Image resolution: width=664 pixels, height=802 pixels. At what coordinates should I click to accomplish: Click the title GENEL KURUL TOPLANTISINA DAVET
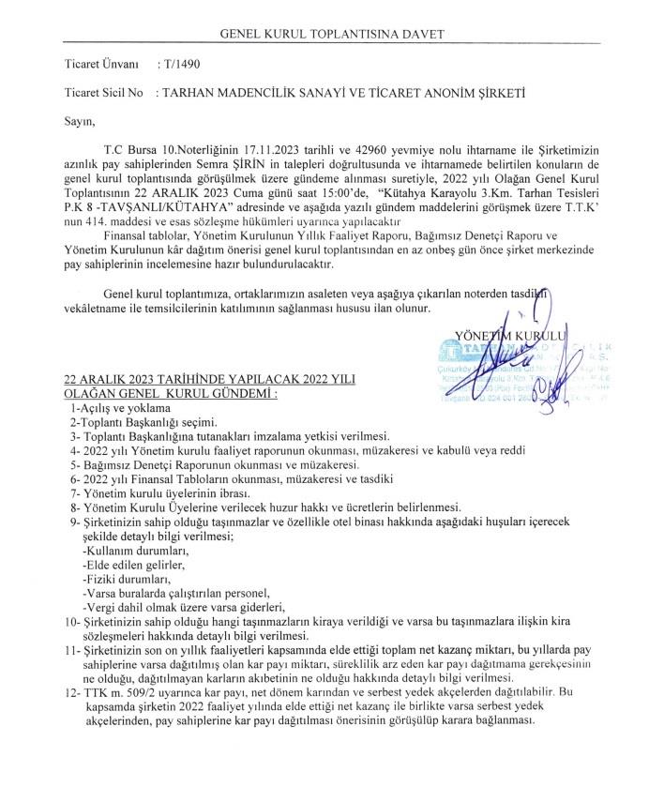click(331, 35)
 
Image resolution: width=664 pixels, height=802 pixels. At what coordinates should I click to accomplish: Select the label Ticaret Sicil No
click(103, 94)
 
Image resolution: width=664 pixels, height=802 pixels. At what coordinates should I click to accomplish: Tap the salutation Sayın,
click(80, 120)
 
